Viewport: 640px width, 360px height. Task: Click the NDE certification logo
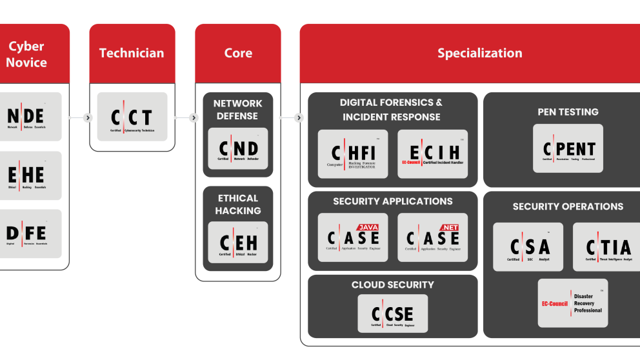coord(30,117)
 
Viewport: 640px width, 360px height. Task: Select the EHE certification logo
coord(30,175)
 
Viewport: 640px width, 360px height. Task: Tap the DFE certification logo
coord(30,233)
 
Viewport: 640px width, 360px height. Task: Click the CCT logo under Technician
coord(132,117)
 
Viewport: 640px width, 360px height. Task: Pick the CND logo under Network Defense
coord(238,149)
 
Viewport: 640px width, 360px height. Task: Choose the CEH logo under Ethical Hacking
coord(238,243)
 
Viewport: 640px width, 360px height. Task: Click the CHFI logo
coord(353,154)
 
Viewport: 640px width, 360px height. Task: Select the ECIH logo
coord(432,154)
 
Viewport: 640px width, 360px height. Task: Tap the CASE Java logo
coord(353,237)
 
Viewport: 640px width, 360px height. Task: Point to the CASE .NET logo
coord(432,237)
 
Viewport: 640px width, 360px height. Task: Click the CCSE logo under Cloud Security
coord(392,314)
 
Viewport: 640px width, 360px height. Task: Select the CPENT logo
coord(568,148)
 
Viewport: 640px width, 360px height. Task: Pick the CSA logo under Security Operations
coord(528,247)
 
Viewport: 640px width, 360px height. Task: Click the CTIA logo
coord(607,247)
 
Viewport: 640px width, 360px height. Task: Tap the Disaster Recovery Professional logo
coord(572,303)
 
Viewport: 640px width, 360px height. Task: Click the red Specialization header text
coord(479,54)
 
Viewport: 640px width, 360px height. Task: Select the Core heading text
coord(238,54)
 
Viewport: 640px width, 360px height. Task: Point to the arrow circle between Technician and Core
coord(194,118)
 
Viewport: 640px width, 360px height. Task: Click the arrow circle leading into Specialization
coord(299,118)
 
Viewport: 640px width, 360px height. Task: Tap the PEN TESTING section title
coord(568,112)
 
